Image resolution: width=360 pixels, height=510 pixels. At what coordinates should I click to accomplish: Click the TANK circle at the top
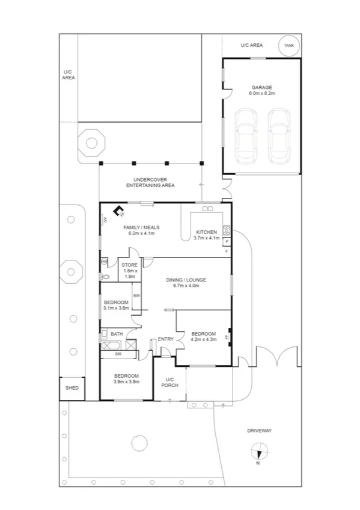pyautogui.click(x=288, y=46)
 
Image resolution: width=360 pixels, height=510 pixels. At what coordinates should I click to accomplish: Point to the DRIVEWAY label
pyautogui.click(x=260, y=431)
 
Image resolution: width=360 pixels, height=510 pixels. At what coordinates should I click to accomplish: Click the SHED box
pyautogui.click(x=72, y=389)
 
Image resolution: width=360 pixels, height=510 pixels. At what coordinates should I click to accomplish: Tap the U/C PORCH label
pyautogui.click(x=169, y=382)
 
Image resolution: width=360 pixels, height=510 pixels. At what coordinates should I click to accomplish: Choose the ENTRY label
pyautogui.click(x=165, y=339)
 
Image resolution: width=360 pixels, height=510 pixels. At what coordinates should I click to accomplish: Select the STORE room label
pyautogui.click(x=130, y=265)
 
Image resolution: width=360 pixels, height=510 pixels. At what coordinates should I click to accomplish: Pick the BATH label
pyautogui.click(x=116, y=333)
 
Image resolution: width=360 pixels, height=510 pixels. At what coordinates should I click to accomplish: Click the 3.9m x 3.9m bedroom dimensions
pyautogui.click(x=127, y=381)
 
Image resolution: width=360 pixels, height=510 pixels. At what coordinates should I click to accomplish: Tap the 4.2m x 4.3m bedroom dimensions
pyautogui.click(x=203, y=340)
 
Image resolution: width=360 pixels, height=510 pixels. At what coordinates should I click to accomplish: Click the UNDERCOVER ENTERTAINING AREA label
pyautogui.click(x=150, y=182)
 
